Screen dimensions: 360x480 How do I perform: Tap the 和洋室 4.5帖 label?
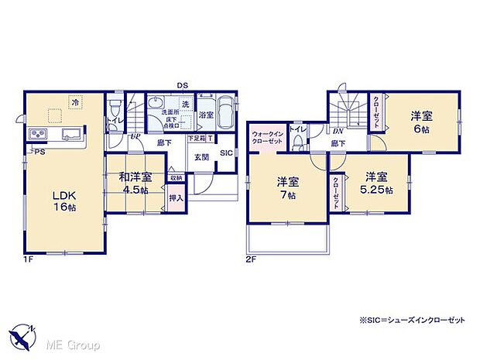click(x=134, y=183)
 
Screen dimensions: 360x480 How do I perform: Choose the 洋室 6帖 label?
click(x=421, y=122)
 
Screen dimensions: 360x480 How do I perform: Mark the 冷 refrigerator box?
click(x=75, y=101)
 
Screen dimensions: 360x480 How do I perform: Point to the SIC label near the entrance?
click(x=225, y=153)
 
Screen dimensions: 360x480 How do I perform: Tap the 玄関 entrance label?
click(x=201, y=156)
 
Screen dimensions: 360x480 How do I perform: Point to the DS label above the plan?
click(x=183, y=85)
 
